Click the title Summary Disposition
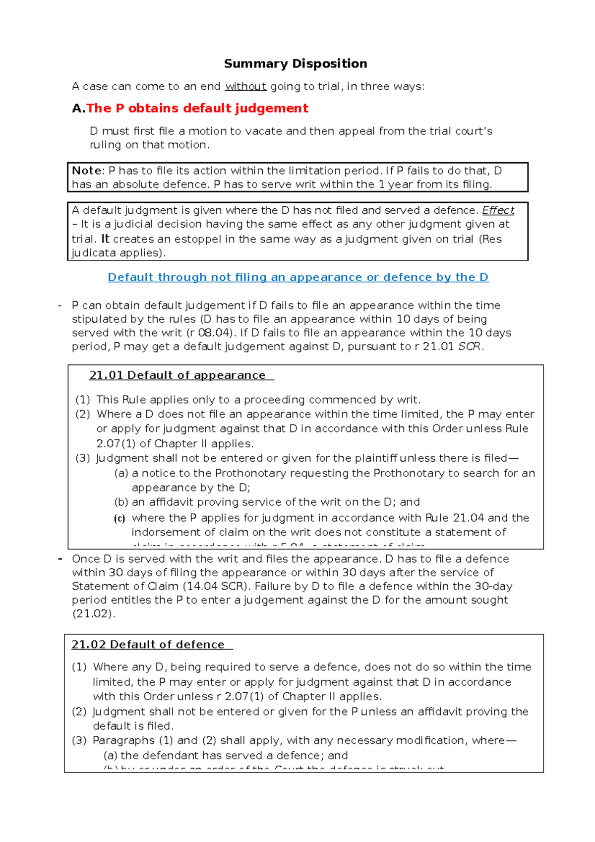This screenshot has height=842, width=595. (x=296, y=63)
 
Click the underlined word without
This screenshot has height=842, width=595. (x=246, y=87)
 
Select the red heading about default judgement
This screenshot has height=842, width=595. (x=197, y=108)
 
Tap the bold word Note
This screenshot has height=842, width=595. (x=87, y=171)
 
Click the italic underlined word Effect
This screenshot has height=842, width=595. (x=498, y=210)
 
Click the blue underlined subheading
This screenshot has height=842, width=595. (x=298, y=277)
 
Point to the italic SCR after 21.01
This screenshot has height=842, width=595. (x=469, y=347)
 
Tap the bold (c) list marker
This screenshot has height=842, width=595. (x=119, y=519)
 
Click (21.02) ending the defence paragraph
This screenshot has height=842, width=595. (x=94, y=614)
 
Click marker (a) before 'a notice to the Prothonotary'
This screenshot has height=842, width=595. (x=121, y=474)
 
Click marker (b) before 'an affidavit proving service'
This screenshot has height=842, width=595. (x=121, y=502)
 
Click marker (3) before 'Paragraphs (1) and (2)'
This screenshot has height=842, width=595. (x=79, y=741)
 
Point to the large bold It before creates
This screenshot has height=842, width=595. (x=105, y=239)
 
